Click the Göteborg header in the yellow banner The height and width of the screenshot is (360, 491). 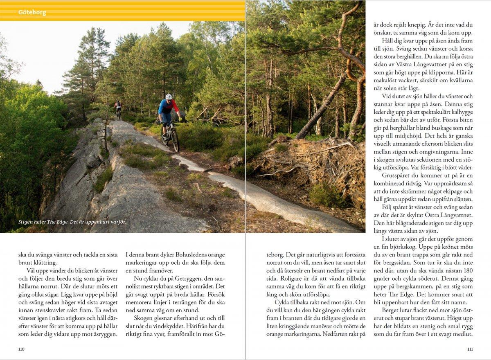tap(32, 12)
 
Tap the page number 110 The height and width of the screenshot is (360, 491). tap(22, 349)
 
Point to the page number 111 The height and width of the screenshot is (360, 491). tap(469, 349)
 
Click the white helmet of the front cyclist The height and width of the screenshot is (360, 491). tap(169, 97)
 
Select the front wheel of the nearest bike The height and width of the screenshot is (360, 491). tap(175, 140)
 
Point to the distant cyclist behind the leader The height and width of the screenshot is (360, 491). tap(118, 108)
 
